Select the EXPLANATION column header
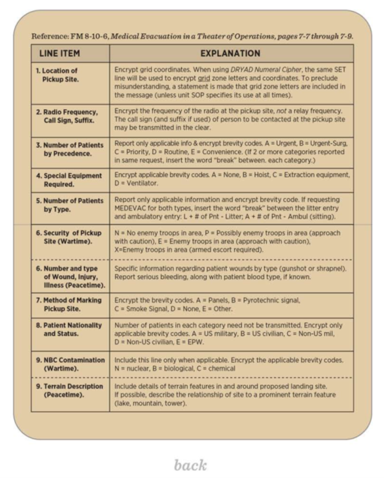(230, 54)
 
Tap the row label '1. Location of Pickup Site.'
(58, 75)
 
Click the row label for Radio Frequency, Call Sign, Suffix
(66, 116)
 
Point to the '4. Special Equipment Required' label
(68, 179)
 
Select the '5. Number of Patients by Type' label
(69, 205)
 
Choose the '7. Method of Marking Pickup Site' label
(68, 304)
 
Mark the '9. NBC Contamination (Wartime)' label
(70, 364)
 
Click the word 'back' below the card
(190, 464)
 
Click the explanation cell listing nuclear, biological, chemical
(230, 364)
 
